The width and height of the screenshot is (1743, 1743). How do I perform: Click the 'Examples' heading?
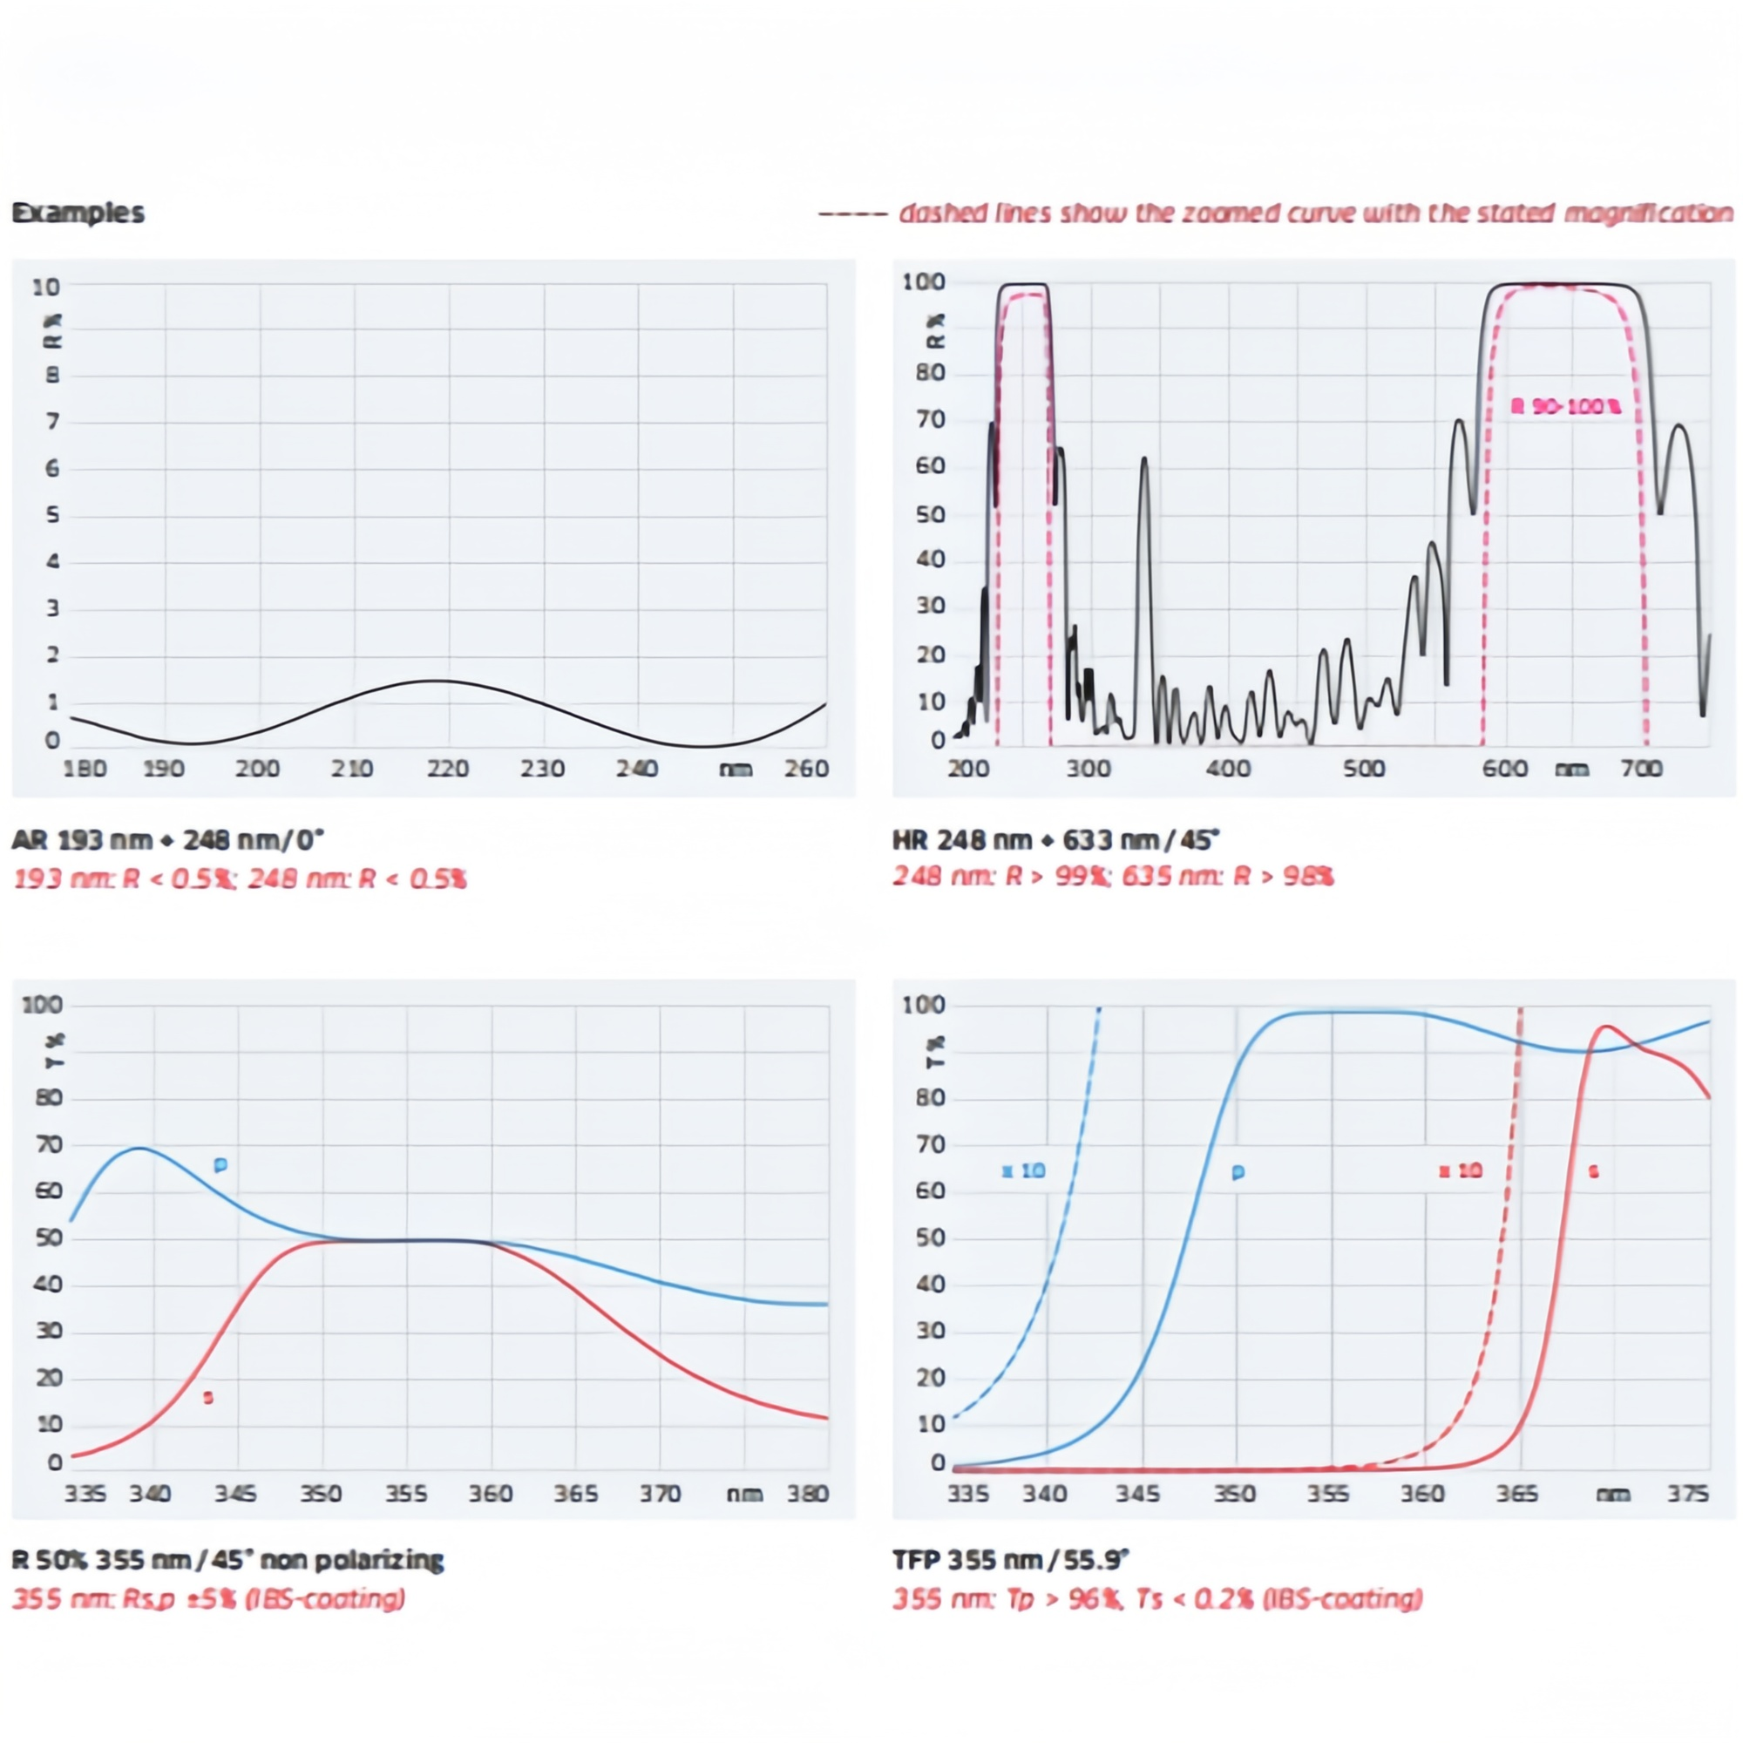[78, 213]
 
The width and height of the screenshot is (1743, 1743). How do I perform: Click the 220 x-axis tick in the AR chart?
[447, 769]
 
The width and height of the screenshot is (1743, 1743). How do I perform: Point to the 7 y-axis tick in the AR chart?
[52, 421]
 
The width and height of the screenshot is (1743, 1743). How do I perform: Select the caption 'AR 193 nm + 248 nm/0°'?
[168, 840]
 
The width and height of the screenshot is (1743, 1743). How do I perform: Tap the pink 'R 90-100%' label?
[1566, 407]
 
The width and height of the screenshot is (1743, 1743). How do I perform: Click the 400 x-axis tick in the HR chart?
[1228, 769]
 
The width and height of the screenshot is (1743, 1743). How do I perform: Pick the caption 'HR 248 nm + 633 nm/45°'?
[1055, 840]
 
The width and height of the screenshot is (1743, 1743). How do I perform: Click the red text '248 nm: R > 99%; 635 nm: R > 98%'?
[1113, 876]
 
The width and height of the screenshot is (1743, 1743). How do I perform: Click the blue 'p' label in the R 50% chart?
[220, 1164]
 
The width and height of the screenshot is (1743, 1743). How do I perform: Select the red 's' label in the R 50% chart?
[208, 1398]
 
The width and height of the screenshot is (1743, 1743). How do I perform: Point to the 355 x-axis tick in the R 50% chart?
[406, 1494]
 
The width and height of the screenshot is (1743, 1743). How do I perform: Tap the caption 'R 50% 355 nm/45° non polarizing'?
[227, 1560]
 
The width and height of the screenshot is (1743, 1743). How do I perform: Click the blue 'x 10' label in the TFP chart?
[1024, 1171]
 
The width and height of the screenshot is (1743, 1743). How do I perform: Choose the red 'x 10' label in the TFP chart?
[1461, 1171]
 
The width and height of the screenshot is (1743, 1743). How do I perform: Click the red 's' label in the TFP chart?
[1593, 1172]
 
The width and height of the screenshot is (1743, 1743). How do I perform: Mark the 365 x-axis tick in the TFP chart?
[1516, 1494]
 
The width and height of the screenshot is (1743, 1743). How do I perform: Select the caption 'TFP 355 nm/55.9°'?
[1010, 1560]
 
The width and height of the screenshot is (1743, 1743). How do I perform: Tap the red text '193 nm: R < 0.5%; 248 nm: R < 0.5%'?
[240, 878]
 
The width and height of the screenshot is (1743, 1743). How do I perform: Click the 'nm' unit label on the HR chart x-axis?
[1571, 769]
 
